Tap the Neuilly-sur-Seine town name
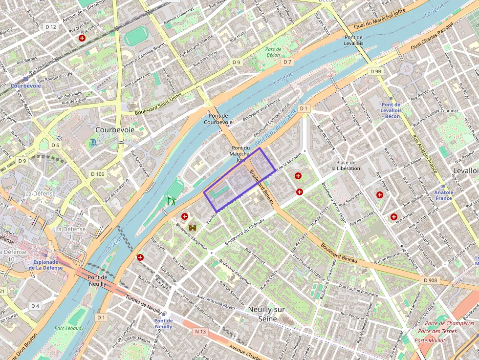point(267,314)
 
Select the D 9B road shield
point(375,71)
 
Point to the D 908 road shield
point(430,280)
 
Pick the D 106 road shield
point(97,174)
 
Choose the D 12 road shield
point(50,26)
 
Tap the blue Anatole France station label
point(444,195)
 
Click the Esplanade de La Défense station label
point(45,264)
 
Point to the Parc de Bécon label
point(273,52)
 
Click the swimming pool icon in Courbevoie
point(93,143)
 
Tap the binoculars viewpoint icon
point(193,227)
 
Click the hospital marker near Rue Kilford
point(82,38)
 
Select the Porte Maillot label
point(430,340)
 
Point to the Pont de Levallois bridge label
point(354,40)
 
